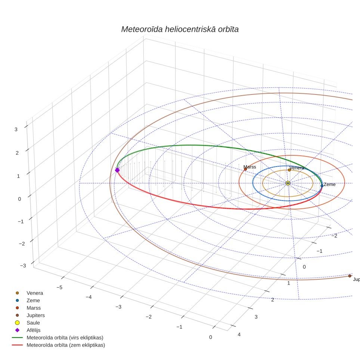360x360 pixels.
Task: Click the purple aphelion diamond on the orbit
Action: pyautogui.click(x=117, y=170)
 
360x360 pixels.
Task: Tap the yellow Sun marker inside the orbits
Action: pyautogui.click(x=288, y=183)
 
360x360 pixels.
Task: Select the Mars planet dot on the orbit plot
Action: pyautogui.click(x=245, y=169)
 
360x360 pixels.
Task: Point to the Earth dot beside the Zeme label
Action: pyautogui.click(x=322, y=186)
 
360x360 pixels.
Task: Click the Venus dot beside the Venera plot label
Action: pyautogui.click(x=289, y=170)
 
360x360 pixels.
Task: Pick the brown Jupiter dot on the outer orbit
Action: pyautogui.click(x=350, y=276)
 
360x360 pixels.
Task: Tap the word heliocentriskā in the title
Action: pyautogui.click(x=192, y=30)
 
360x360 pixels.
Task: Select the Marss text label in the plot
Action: pyautogui.click(x=250, y=167)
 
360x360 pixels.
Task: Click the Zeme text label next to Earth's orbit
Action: pyautogui.click(x=329, y=184)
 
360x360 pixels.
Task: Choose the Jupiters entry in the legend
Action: pyautogui.click(x=35, y=316)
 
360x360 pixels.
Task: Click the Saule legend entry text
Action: pyautogui.click(x=33, y=323)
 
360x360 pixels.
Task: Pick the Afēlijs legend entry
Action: pyautogui.click(x=34, y=330)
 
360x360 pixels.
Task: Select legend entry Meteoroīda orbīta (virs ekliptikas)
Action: pyautogui.click(x=65, y=338)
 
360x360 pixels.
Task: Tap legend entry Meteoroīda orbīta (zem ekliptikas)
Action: pyautogui.click(x=66, y=345)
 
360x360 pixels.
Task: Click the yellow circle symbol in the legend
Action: pyautogui.click(x=17, y=323)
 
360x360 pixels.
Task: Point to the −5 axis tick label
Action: pyautogui.click(x=59, y=288)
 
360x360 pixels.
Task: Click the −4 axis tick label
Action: pyautogui.click(x=89, y=297)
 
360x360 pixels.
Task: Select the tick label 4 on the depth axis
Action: pyautogui.click(x=239, y=335)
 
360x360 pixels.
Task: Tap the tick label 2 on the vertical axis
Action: pyautogui.click(x=17, y=153)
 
